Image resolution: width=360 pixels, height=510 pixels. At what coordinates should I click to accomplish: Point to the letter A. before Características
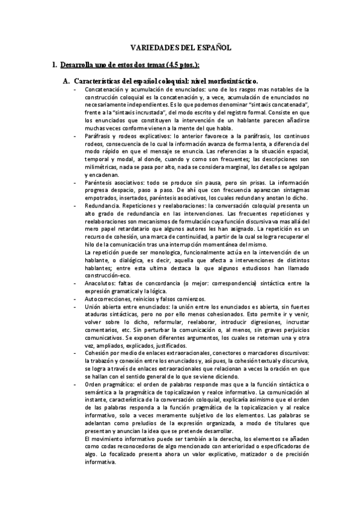pyautogui.click(x=67, y=81)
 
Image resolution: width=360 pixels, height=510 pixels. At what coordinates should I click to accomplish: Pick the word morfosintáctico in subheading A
pyautogui.click(x=229, y=81)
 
